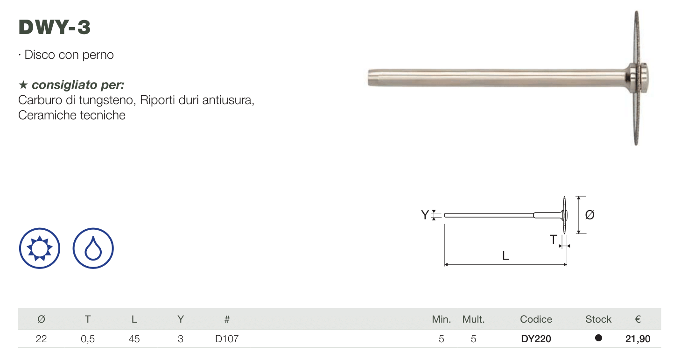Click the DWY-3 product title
pos(55,27)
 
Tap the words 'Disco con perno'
pos(69,55)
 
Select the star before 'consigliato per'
pos(23,85)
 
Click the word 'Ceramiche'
pos(48,115)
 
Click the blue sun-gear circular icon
pos(40,248)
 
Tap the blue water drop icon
pos(93,248)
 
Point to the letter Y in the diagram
pos(425,215)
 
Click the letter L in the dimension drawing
pos(505,256)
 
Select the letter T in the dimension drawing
pos(553,239)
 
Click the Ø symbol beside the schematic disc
pos(590,215)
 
